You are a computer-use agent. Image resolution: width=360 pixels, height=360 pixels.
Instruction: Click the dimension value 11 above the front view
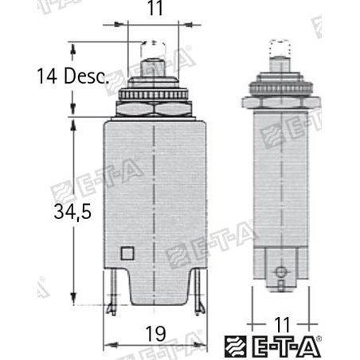[151, 12]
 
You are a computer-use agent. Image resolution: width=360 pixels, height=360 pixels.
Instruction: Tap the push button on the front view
[152, 65]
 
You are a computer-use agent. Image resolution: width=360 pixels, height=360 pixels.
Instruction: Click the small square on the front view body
[127, 254]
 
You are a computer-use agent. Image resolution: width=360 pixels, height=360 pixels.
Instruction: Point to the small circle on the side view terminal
[279, 273]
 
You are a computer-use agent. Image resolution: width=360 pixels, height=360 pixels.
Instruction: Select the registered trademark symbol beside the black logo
[320, 339]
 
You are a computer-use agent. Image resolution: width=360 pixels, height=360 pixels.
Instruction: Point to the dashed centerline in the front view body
[152, 199]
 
